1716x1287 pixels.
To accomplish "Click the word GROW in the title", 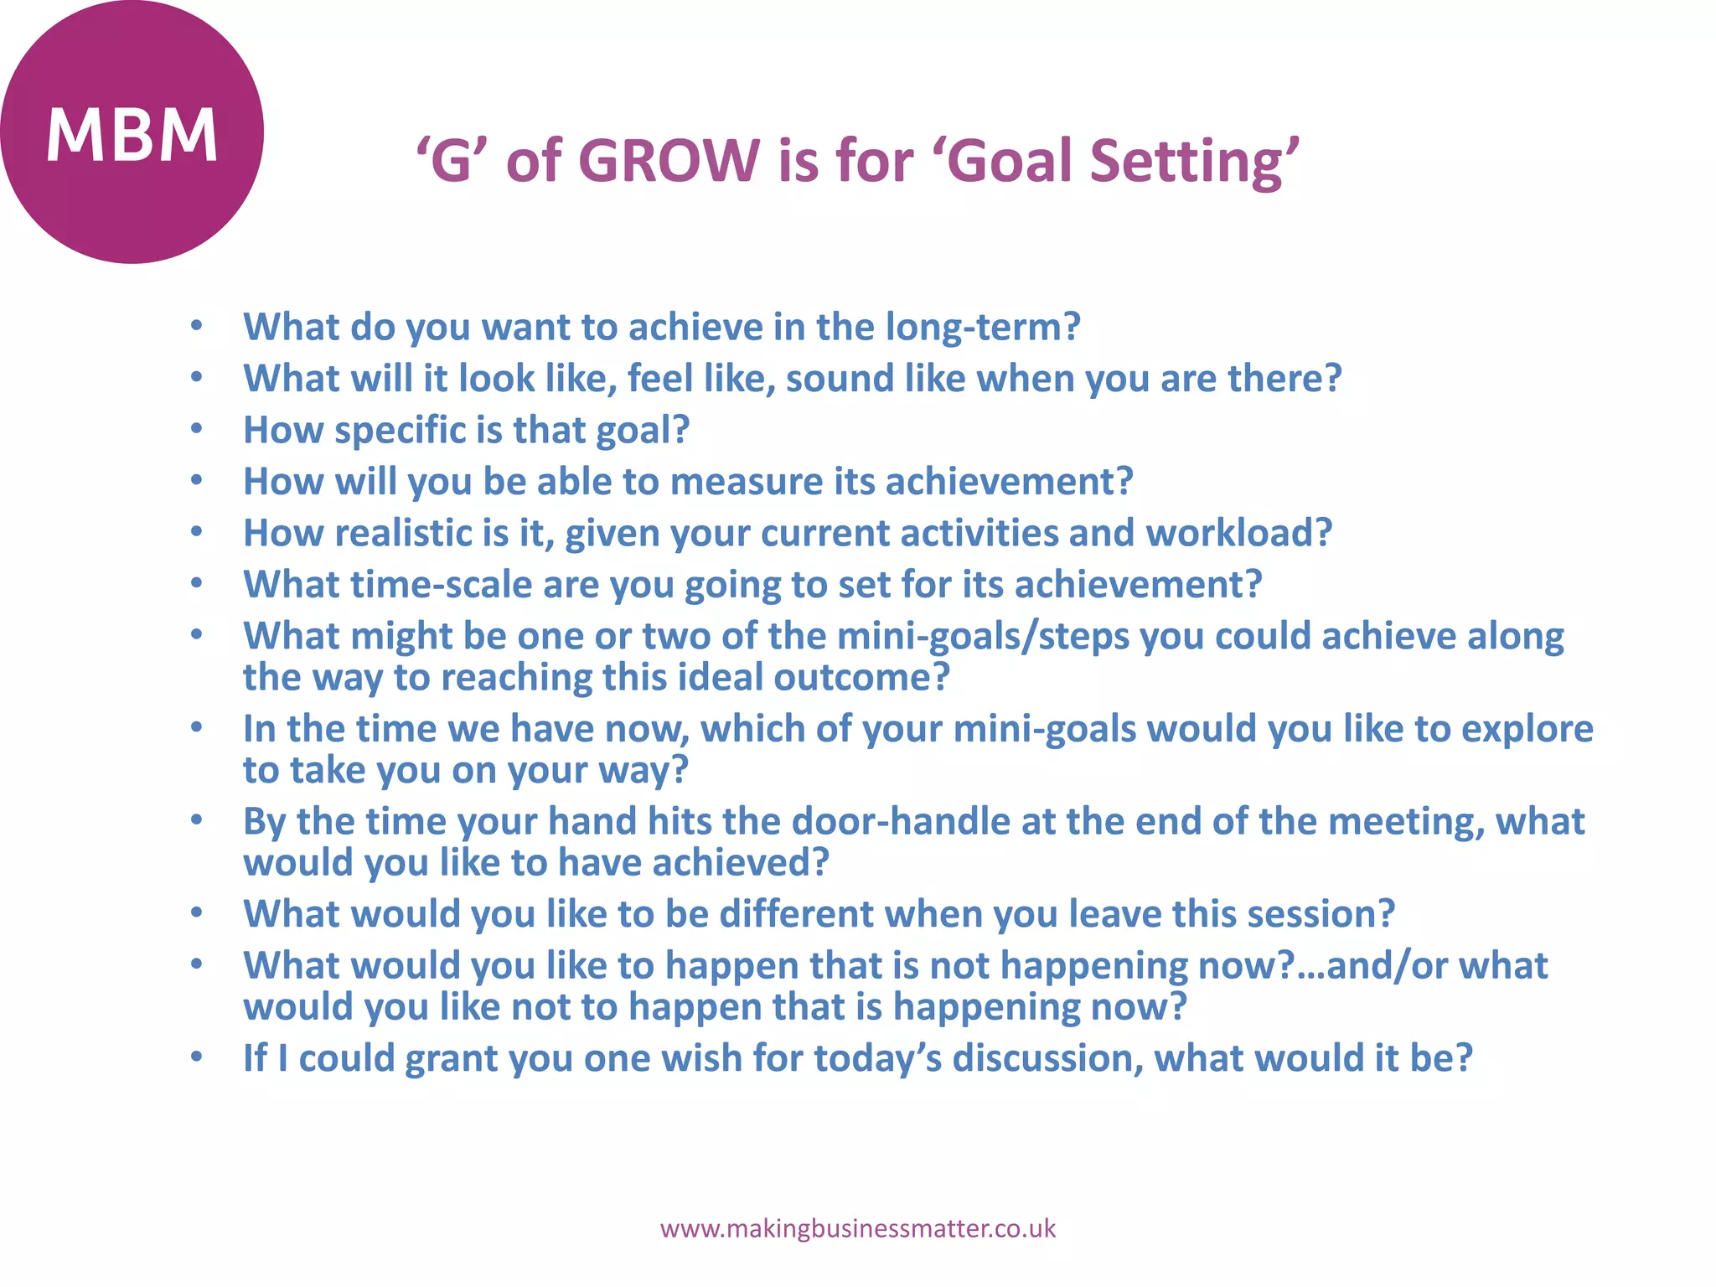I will click(668, 160).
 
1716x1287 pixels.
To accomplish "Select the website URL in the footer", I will click(857, 1229).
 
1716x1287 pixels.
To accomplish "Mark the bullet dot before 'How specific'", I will click(196, 430).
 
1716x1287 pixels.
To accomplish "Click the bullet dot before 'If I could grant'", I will click(196, 1057).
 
